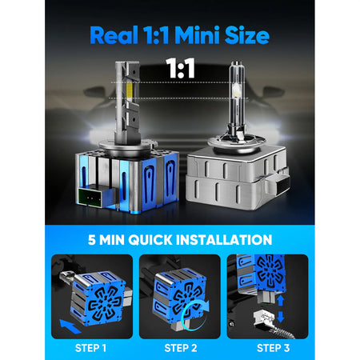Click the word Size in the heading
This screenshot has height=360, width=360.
point(246,35)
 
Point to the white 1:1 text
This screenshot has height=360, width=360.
point(179,69)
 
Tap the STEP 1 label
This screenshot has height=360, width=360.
point(90,347)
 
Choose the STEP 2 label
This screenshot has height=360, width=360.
point(181,347)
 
